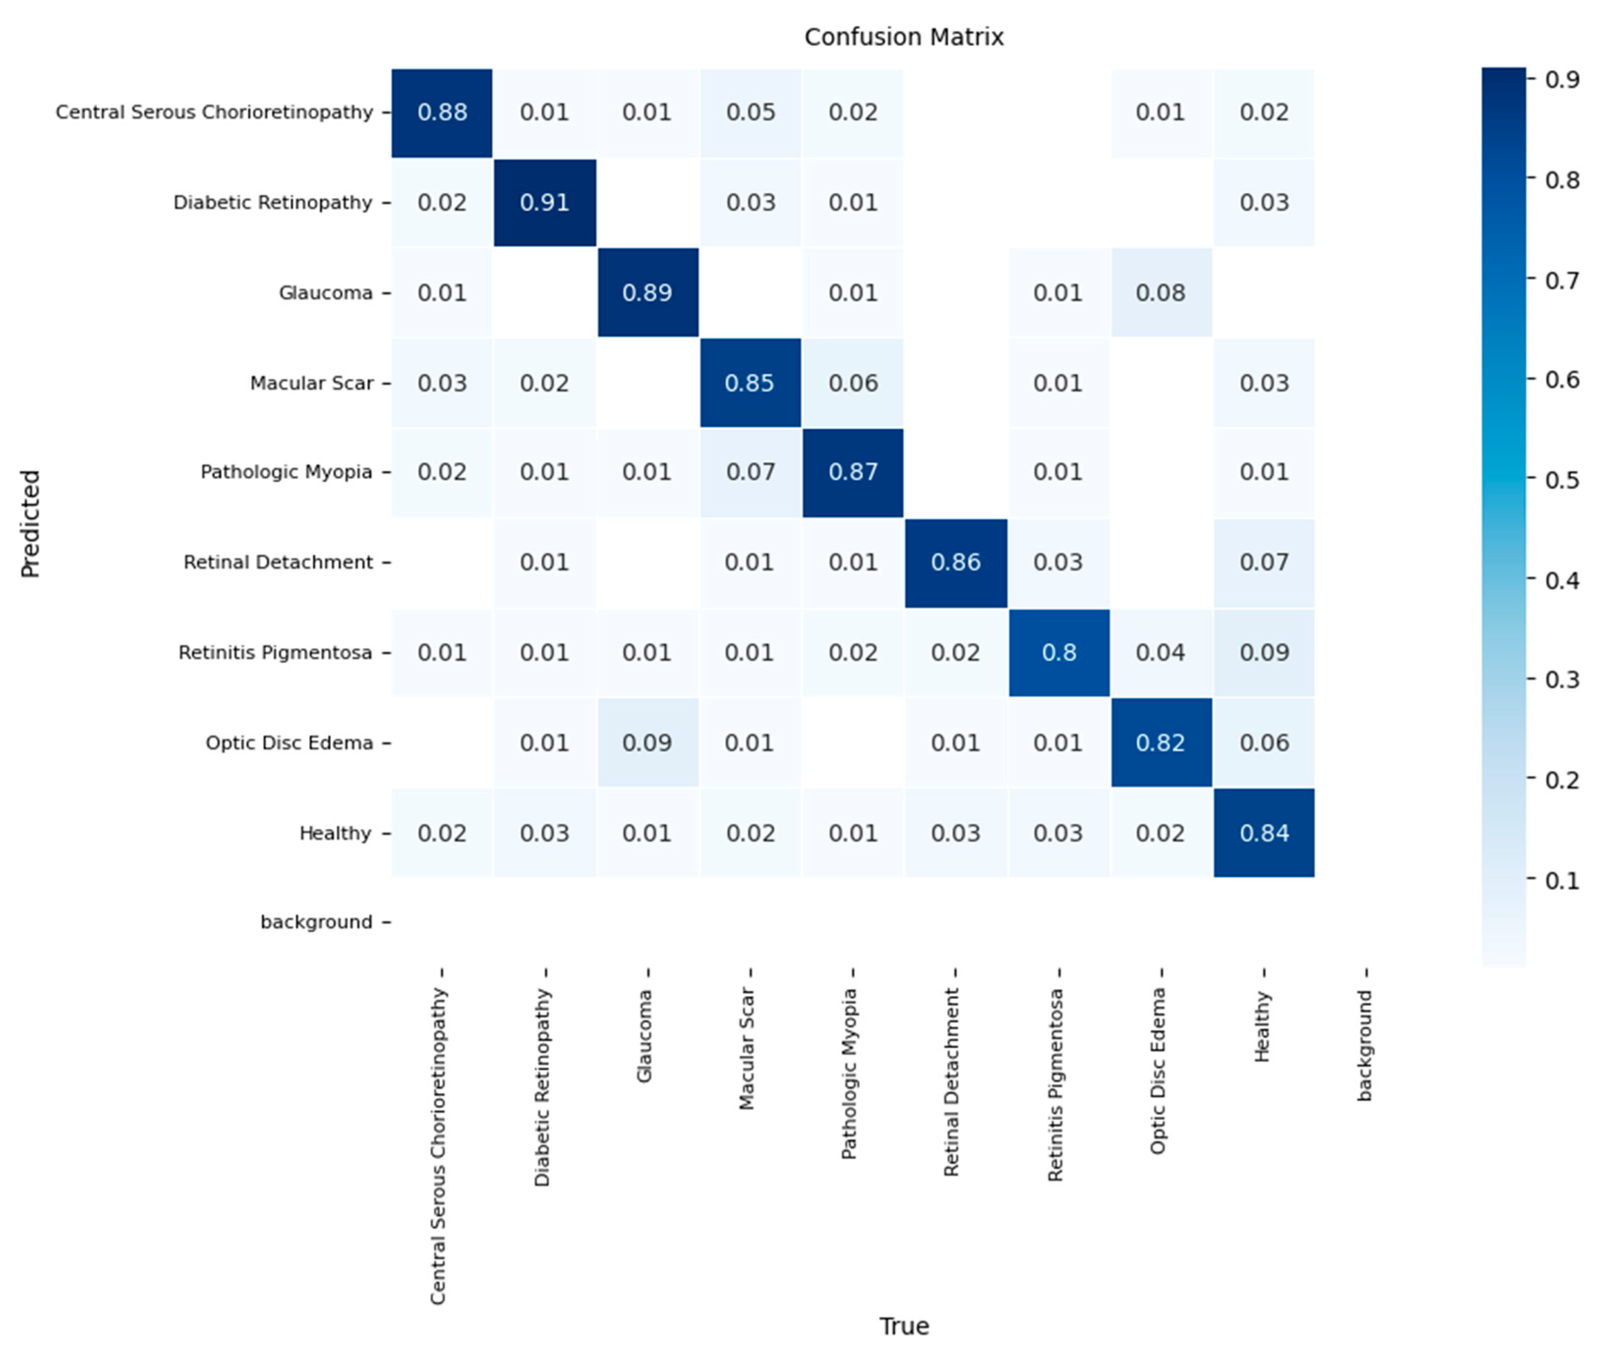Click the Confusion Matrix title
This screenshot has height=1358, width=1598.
point(903,37)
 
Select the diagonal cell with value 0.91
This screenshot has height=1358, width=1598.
point(545,202)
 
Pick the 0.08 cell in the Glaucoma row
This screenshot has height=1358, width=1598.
point(1161,292)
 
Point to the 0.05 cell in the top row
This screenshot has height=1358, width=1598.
point(750,113)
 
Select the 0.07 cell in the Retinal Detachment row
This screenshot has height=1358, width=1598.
point(1264,562)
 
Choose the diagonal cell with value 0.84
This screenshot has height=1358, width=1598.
point(1264,833)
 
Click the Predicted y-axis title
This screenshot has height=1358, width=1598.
point(30,523)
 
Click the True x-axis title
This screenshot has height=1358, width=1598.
point(903,1326)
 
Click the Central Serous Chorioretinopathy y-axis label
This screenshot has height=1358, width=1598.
point(214,113)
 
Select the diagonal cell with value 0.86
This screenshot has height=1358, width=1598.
point(956,562)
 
